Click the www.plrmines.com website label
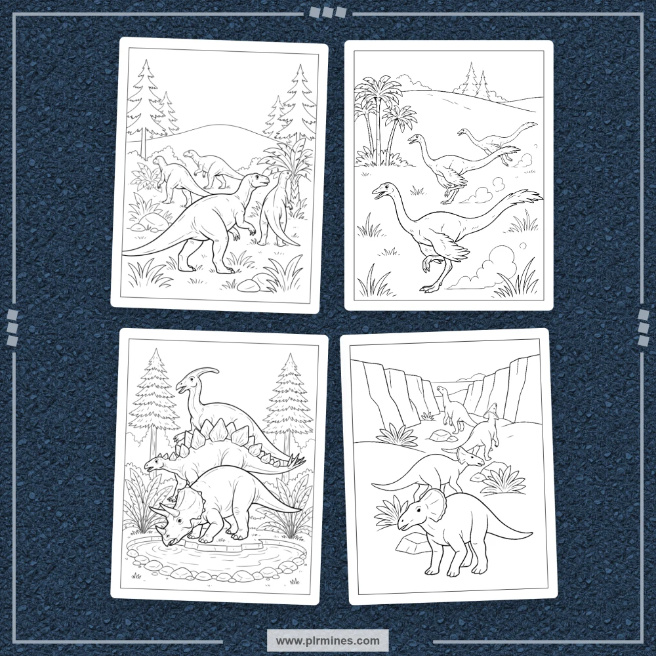327,640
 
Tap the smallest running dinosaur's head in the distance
462,133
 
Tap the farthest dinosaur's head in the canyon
441,390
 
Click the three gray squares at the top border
329,12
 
